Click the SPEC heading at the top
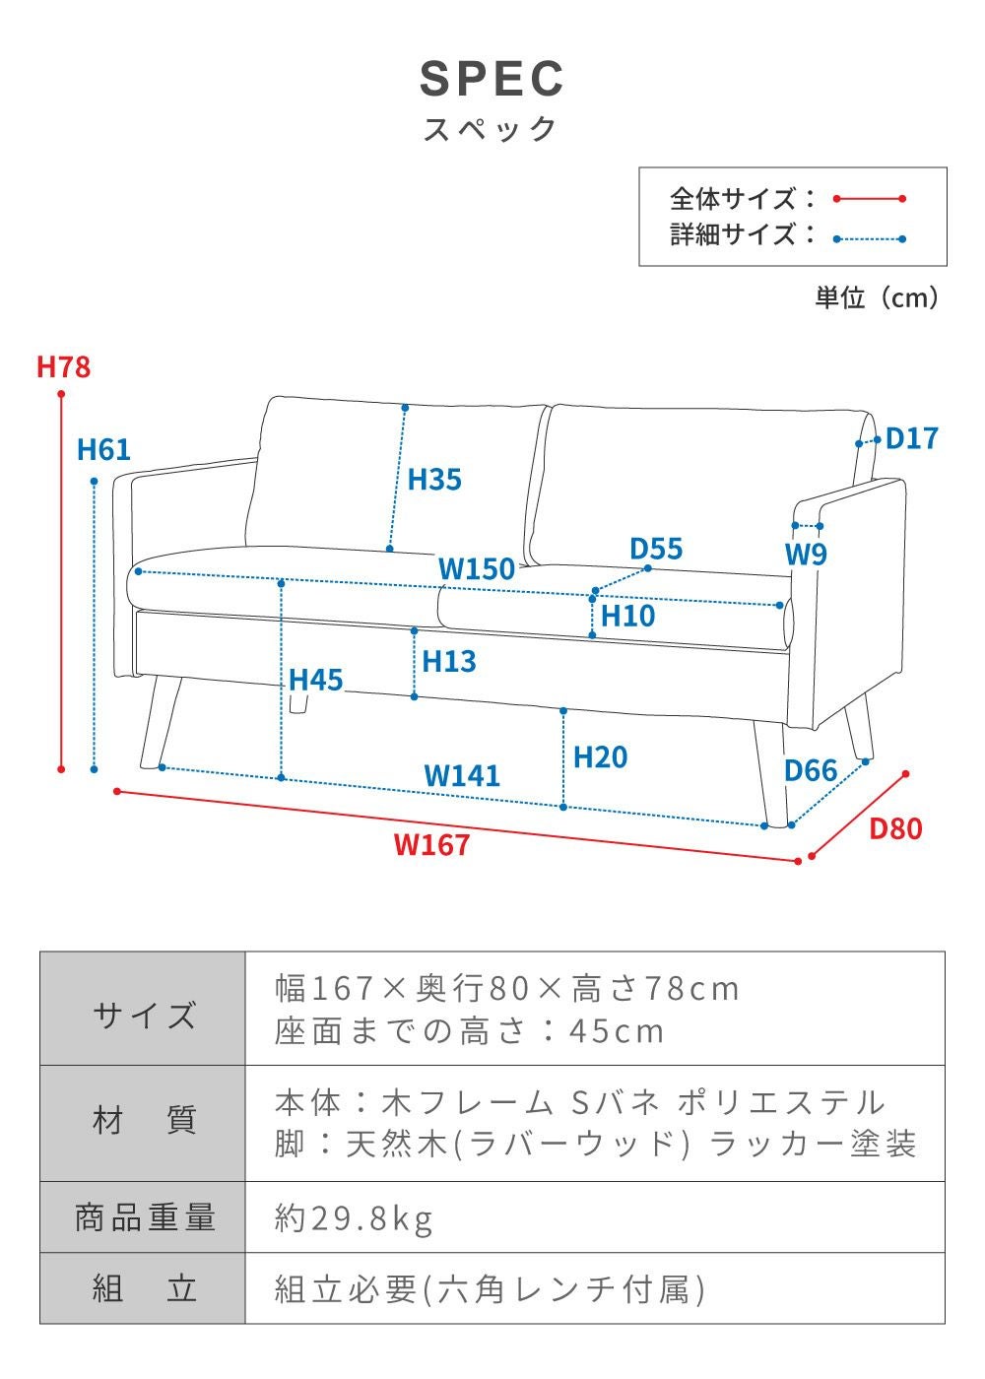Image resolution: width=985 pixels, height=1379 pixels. click(x=492, y=79)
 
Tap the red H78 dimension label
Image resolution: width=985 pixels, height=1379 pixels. click(x=63, y=366)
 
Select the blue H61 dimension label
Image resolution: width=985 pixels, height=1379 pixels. click(x=103, y=449)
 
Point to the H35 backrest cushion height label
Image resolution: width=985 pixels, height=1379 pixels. click(x=434, y=480)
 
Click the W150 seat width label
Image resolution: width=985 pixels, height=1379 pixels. click(x=477, y=568)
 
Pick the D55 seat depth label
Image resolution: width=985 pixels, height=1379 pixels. click(x=656, y=549)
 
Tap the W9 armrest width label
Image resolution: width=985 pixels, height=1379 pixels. click(x=806, y=555)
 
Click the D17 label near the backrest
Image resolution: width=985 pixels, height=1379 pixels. click(x=911, y=438)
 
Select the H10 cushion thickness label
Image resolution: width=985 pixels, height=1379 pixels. click(x=627, y=616)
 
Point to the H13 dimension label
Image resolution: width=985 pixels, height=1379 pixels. click(x=449, y=661)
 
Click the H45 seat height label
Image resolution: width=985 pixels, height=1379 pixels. click(x=315, y=680)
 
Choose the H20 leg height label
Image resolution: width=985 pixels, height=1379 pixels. click(x=600, y=757)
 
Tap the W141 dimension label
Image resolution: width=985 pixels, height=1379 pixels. click(x=462, y=775)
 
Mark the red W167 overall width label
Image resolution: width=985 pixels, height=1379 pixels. click(x=431, y=845)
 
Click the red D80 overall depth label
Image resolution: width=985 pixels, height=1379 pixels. click(x=895, y=828)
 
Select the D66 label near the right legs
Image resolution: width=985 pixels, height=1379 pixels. click(x=811, y=770)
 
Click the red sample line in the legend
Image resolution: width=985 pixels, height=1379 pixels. click(x=869, y=199)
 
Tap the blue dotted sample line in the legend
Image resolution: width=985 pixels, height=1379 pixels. click(x=869, y=238)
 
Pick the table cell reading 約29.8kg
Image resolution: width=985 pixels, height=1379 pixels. click(x=354, y=1218)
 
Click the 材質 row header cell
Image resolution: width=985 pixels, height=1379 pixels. click(x=143, y=1121)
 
